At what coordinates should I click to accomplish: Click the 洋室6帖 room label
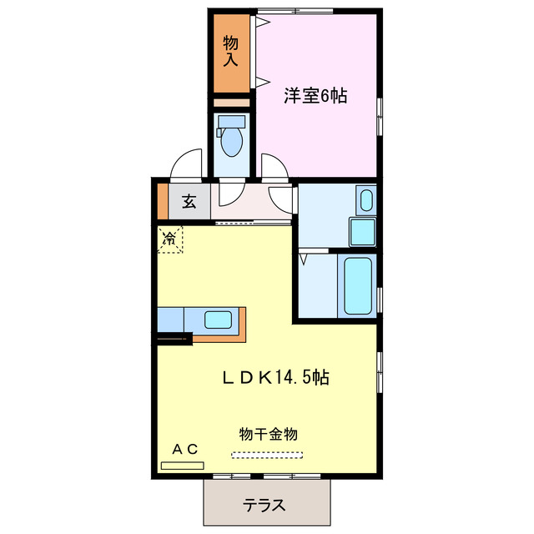pos(315,96)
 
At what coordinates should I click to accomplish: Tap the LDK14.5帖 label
pos(275,377)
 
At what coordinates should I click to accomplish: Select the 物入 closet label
pos(230,51)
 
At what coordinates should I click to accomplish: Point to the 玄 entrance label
pos(189,201)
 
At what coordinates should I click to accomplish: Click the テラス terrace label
pos(265,506)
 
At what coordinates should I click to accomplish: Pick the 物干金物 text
pos(268,434)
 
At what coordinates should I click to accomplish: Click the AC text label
pos(184,449)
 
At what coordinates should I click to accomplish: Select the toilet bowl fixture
pos(230,142)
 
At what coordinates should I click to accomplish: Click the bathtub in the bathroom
pos(358,285)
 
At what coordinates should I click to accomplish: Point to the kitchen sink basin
pos(219,319)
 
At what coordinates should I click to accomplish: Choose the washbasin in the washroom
pos(365,200)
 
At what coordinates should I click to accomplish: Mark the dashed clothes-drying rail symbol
pos(269,456)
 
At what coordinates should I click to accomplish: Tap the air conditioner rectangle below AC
pos(182,464)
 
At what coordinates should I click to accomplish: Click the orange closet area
pos(230,53)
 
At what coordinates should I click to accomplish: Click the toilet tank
pos(230,121)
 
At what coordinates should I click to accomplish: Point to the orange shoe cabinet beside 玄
pos(162,201)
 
